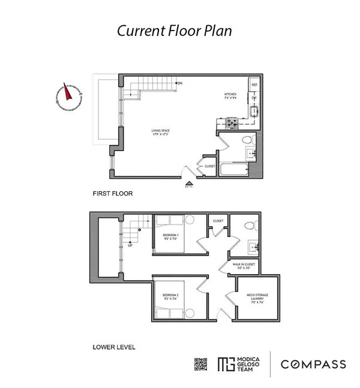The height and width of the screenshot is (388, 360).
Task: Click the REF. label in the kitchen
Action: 254,85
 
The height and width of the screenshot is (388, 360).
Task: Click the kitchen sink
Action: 254,112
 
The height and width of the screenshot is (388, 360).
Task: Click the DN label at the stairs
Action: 179,83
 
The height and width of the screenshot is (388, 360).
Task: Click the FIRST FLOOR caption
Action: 112,194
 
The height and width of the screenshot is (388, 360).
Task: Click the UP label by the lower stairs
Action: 130,245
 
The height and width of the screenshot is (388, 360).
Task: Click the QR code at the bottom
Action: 201,364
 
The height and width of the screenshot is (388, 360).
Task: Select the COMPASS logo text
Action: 313,364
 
